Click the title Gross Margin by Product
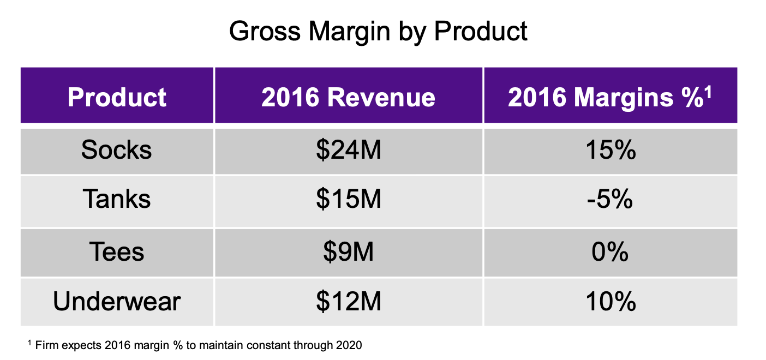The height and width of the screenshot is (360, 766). click(378, 32)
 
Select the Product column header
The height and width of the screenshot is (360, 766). click(117, 98)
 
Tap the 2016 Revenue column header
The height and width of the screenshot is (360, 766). click(348, 98)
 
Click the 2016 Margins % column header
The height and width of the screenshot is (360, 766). click(610, 98)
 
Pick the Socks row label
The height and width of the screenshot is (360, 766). click(116, 149)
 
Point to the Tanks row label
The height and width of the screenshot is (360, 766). click(116, 199)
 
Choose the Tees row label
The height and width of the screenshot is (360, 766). click(117, 251)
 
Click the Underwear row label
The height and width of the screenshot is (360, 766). click(117, 301)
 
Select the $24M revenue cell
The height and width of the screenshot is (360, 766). click(349, 149)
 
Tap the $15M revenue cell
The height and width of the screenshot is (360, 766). click(349, 199)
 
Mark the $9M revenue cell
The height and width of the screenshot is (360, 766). click(349, 251)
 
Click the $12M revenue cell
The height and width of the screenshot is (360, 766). click(349, 301)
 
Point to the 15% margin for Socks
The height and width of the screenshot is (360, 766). click(611, 149)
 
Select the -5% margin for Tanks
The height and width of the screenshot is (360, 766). click(610, 199)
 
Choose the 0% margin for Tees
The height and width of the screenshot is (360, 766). click(610, 251)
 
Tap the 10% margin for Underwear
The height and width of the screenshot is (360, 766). click(611, 301)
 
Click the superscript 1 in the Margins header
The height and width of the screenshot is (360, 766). click(708, 92)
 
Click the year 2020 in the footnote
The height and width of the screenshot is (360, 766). click(349, 345)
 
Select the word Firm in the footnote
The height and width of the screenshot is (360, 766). click(47, 345)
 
